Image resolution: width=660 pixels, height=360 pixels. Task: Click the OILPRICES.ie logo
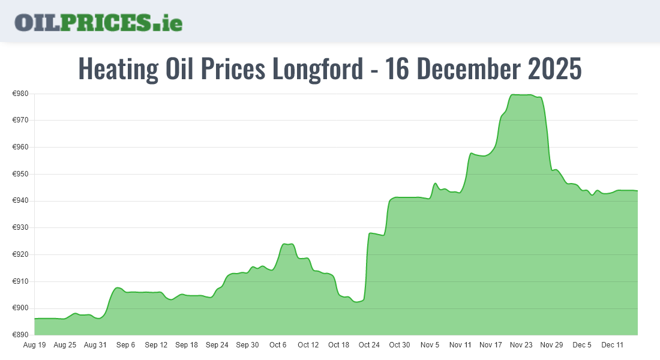98,22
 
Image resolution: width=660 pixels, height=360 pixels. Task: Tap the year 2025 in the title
555,69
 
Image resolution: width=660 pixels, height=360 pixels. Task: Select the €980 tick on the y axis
21,94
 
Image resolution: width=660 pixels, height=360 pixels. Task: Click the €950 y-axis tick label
21,174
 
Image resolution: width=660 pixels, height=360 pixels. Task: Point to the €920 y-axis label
21,254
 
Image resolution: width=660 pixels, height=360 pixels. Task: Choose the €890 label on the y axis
21,335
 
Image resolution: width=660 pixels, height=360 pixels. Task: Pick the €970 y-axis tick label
21,121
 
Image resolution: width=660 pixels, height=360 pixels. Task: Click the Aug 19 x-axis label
34,345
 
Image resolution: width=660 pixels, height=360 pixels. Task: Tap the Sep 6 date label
125,345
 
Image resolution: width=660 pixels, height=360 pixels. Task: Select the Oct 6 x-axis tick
278,345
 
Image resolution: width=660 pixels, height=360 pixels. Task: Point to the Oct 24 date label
369,345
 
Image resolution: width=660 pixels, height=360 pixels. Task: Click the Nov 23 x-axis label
521,345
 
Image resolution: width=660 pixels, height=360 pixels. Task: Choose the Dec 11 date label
613,345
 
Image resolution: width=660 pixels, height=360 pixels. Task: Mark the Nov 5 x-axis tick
430,345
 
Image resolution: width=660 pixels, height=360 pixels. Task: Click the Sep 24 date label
217,345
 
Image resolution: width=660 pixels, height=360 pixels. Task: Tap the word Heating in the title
118,69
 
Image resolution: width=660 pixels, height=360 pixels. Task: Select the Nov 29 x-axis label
551,345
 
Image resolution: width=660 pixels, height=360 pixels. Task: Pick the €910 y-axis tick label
21,281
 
